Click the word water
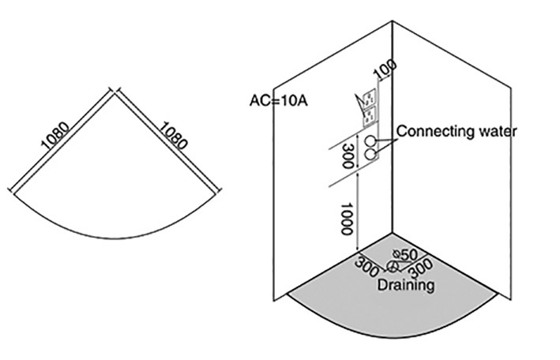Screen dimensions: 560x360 [496, 131]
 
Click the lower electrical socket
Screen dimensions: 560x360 [369, 116]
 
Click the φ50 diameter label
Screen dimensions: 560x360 [404, 254]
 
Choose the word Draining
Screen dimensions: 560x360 [404, 284]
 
